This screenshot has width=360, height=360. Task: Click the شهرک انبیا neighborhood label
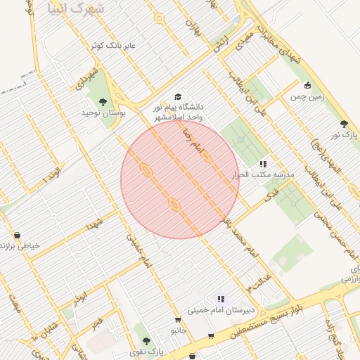pyautogui.click(x=77, y=8)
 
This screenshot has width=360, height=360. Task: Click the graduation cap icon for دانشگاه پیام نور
pyautogui.click(x=178, y=96)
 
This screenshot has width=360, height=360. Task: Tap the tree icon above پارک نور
pyautogui.click(x=344, y=123)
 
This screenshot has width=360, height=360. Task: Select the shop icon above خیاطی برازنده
pyautogui.click(x=16, y=235)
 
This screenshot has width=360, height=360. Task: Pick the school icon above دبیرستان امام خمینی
pyautogui.click(x=221, y=299)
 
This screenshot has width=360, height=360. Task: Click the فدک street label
pyautogui.click(x=268, y=198)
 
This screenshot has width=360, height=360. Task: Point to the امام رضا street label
pyautogui.click(x=190, y=137)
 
